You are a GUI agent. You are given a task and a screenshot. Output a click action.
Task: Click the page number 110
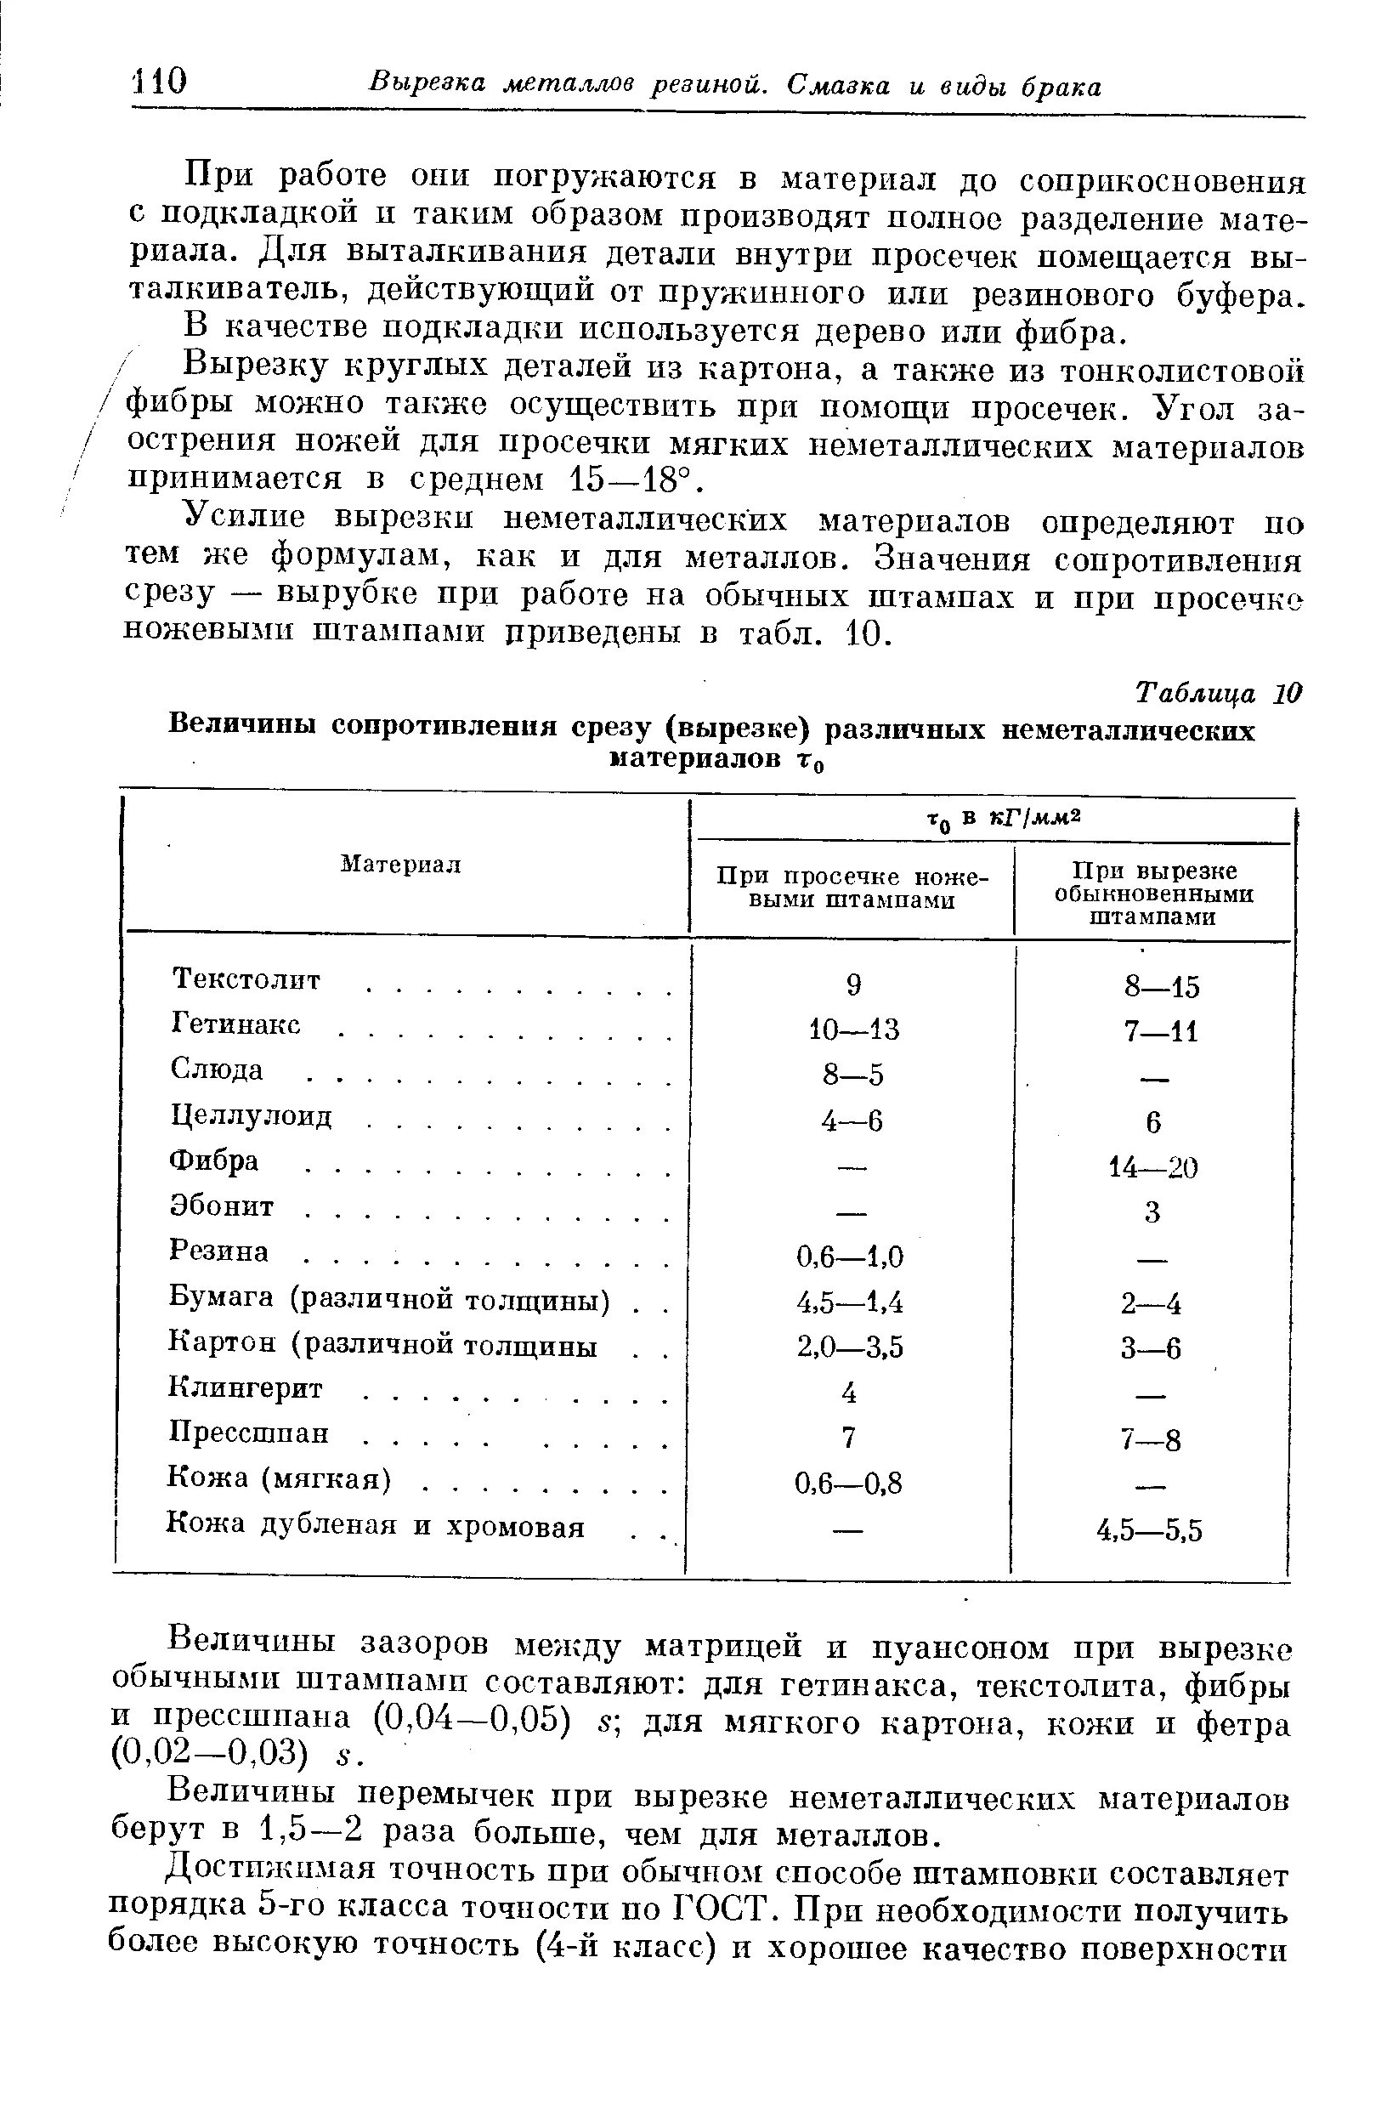160,83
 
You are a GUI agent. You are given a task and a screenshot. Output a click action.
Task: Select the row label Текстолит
245,979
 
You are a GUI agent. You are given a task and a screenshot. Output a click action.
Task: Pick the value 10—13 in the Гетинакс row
852,1030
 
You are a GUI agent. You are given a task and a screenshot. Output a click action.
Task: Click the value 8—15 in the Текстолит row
1162,987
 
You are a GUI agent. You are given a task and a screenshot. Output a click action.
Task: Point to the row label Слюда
217,1069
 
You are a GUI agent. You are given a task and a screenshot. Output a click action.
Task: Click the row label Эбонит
222,1206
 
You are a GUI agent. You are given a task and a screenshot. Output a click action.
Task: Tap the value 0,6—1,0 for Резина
850,1257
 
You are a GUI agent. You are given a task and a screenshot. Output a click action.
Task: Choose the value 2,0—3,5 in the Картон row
850,1348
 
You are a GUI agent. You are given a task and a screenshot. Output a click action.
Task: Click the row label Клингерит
246,1388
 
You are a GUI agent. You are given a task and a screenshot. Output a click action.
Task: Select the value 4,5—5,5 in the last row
1149,1531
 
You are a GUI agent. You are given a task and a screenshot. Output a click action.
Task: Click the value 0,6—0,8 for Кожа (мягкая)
847,1484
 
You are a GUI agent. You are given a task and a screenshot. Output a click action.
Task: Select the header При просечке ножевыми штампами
852,888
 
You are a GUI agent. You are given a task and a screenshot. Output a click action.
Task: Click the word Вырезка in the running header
427,84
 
